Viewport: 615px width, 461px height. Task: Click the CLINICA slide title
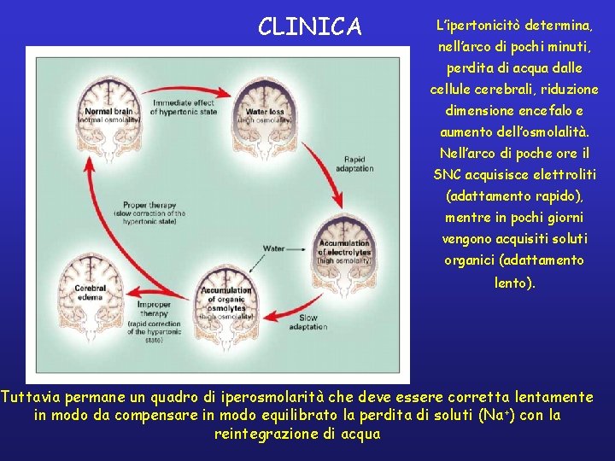[x=310, y=26]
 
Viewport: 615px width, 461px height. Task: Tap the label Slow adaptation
[x=308, y=323]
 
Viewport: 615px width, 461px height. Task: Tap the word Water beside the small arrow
[x=273, y=248]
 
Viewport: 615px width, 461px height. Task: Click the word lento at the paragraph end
[x=514, y=281]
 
